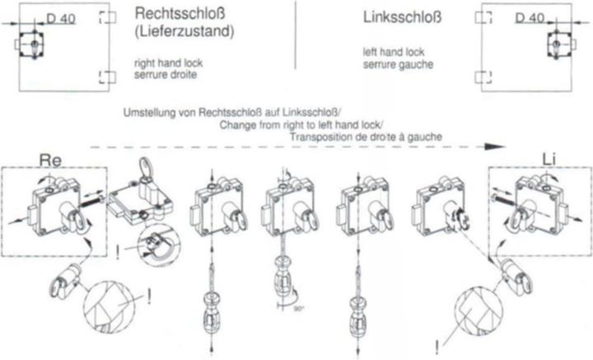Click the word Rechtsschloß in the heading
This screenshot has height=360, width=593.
point(180,14)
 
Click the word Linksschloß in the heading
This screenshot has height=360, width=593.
point(402,17)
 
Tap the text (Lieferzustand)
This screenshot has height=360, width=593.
point(184,31)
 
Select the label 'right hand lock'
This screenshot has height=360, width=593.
point(169,63)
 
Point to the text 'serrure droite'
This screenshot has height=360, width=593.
point(166,74)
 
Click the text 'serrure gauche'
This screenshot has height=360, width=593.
point(399,64)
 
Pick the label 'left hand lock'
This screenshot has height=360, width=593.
point(394,52)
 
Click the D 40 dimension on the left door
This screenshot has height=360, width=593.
point(61,18)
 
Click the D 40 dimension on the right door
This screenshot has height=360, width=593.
point(530,17)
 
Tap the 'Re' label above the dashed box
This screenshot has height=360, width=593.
point(50,161)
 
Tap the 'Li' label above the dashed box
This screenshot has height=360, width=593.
point(549,160)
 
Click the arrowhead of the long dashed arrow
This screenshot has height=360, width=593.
point(496,147)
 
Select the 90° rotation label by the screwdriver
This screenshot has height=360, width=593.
point(299,309)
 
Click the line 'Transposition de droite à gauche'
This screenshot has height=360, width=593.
point(366,137)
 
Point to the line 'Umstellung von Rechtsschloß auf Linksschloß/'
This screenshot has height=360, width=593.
point(232,113)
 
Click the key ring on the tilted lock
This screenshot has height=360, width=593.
point(145,167)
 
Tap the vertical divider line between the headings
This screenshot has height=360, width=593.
point(296,35)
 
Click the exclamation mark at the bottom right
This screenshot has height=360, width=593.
point(437,347)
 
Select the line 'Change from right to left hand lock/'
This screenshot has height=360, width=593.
point(301,124)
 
